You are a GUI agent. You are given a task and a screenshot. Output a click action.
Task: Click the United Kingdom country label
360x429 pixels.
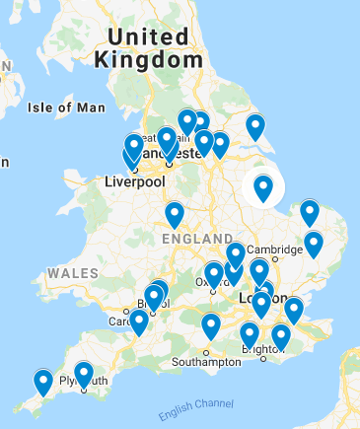pyautogui.click(x=148, y=47)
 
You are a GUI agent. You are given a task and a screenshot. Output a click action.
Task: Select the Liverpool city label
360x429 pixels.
pyautogui.click(x=134, y=181)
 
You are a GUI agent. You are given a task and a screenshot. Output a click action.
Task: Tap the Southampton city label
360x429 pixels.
pyautogui.click(x=207, y=362)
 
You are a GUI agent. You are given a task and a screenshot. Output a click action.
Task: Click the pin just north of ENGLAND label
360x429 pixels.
pyautogui.click(x=175, y=214)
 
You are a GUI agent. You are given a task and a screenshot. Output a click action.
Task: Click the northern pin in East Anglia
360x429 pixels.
pyautogui.click(x=310, y=212)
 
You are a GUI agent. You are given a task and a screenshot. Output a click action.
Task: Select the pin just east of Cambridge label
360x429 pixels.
pyautogui.click(x=314, y=243)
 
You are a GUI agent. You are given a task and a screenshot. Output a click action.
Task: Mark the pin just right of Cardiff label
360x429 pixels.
pyautogui.click(x=139, y=322)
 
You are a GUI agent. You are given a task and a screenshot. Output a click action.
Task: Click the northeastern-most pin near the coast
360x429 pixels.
pyautogui.click(x=255, y=126)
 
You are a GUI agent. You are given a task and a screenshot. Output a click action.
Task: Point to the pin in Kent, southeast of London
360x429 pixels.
pyautogui.click(x=293, y=310)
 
